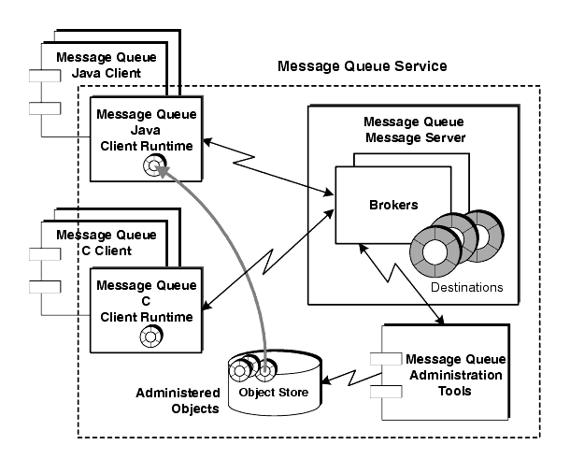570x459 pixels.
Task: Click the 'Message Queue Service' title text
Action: click(362, 66)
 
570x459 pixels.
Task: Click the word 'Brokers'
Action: click(393, 205)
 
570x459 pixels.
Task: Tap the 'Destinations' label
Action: click(467, 287)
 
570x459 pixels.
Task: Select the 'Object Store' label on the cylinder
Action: click(274, 392)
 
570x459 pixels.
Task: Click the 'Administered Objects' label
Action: click(178, 400)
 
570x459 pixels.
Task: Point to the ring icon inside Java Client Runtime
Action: click(154, 165)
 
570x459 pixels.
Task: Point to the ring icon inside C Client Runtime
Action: click(150, 337)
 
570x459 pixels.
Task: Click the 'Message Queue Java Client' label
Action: click(107, 65)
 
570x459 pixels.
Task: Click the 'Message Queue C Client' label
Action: click(107, 243)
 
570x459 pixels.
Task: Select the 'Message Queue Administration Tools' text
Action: click(455, 375)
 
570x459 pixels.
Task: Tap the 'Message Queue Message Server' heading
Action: click(414, 130)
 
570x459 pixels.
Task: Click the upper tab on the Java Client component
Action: click(45, 76)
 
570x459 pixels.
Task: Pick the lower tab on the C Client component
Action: click(45, 287)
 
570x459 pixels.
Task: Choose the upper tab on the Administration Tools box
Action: click(386, 359)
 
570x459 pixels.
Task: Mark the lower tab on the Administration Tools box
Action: click(386, 392)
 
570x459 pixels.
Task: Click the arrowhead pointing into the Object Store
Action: click(326, 380)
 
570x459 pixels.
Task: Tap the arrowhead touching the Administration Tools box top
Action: click(440, 320)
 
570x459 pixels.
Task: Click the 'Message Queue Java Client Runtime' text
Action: click(147, 130)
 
